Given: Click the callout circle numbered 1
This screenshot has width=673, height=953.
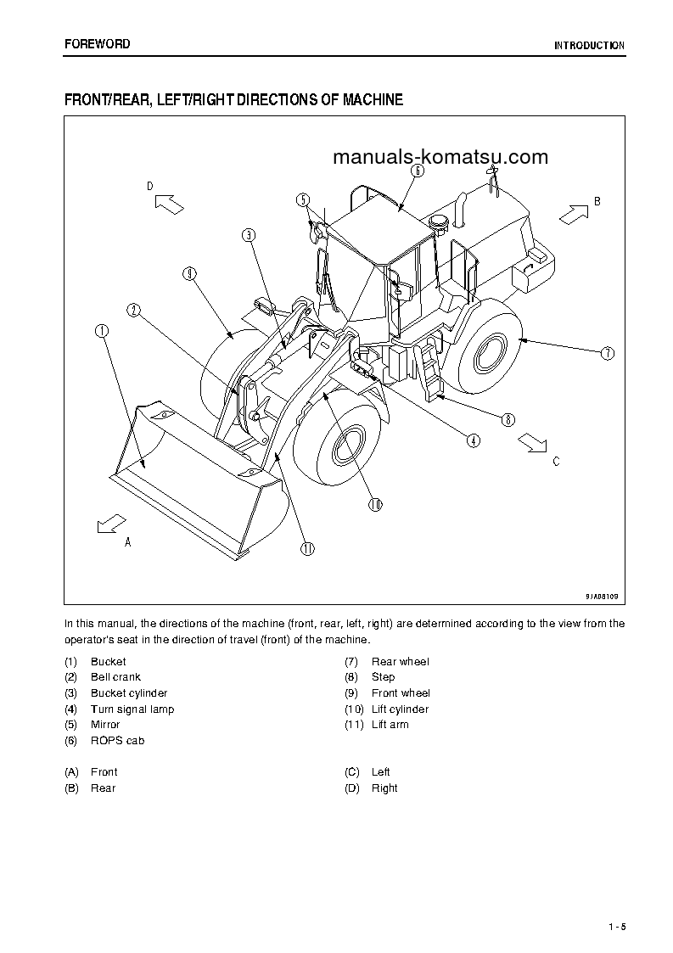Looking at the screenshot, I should [x=102, y=331].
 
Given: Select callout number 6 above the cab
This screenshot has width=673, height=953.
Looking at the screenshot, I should [x=418, y=170].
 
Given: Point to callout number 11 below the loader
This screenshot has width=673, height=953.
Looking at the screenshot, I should [x=307, y=548].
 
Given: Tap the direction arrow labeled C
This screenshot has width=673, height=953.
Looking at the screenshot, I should [x=533, y=441].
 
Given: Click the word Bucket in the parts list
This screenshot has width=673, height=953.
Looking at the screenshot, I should [x=109, y=661].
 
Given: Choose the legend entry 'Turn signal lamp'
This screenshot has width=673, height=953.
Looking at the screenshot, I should [x=132, y=709].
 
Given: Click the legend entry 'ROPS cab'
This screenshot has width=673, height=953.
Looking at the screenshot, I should [x=117, y=741].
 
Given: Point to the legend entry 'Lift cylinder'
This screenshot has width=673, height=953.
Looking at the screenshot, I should [x=400, y=709].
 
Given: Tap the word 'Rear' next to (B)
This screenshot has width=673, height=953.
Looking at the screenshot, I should [x=104, y=788].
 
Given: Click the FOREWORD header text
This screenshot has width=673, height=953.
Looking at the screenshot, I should [x=98, y=44].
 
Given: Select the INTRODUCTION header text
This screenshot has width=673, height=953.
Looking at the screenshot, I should [x=589, y=46].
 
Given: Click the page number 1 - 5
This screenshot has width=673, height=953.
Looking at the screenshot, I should [x=616, y=927].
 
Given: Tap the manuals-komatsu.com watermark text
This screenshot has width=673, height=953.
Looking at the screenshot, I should [x=440, y=157].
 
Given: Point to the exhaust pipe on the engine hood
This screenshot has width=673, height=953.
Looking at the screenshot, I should [x=463, y=209].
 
